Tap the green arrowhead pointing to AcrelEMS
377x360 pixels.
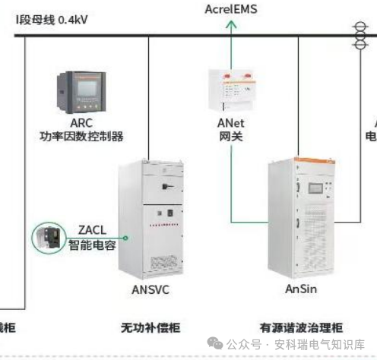click(x=233, y=24)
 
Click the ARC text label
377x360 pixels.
click(x=81, y=123)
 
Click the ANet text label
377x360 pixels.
click(x=233, y=123)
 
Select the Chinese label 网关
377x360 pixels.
click(x=233, y=137)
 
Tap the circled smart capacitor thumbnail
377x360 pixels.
click(x=49, y=238)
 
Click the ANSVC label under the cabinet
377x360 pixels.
click(x=149, y=289)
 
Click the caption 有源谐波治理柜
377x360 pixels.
click(x=301, y=328)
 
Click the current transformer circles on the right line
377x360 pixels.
click(x=356, y=33)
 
